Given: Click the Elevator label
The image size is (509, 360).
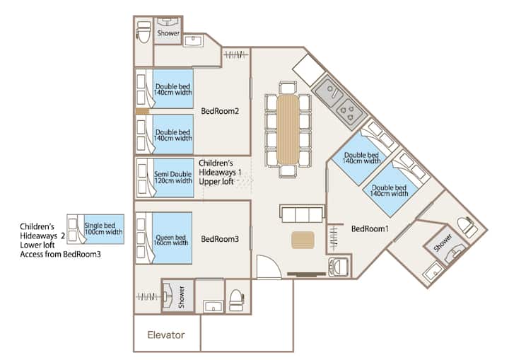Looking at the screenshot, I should (x=165, y=335).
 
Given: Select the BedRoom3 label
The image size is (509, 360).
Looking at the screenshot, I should (x=220, y=239).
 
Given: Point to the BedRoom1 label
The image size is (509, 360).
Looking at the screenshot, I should (x=369, y=228).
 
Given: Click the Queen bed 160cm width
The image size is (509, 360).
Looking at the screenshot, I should (x=170, y=238).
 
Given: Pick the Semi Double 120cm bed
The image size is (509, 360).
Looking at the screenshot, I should (x=172, y=177).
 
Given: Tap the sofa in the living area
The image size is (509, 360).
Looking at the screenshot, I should (x=302, y=213).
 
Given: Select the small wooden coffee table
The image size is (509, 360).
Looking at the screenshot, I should (x=302, y=240).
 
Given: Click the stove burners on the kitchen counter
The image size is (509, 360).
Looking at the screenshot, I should (x=348, y=110).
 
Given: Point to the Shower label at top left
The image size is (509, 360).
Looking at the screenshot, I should (x=168, y=33).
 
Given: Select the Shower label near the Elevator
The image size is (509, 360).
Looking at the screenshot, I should (x=181, y=292).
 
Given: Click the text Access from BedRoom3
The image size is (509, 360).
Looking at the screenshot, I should (x=60, y=254).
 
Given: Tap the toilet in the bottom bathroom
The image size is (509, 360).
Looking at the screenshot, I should (x=236, y=298).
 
